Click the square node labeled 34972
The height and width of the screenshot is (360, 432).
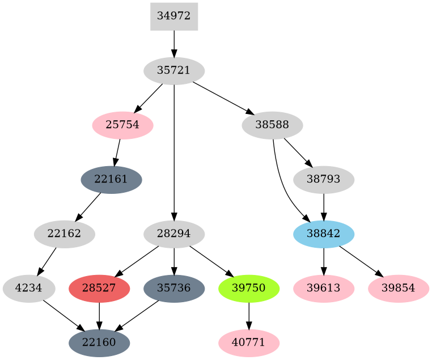[x=173, y=16]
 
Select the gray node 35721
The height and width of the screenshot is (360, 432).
[x=173, y=71]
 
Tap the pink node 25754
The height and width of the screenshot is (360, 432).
[x=122, y=125]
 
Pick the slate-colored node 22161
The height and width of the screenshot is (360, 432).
[x=111, y=180]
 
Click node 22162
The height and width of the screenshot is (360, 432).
[x=64, y=234]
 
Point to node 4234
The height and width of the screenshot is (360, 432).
[x=29, y=288]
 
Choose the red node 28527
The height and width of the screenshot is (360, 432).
[x=99, y=288]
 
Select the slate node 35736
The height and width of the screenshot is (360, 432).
[x=173, y=288]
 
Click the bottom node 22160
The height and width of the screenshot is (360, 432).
[x=99, y=342]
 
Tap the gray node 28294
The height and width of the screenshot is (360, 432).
[x=173, y=234]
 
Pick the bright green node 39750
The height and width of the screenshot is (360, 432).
[x=249, y=288]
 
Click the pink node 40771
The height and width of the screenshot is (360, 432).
[x=249, y=342]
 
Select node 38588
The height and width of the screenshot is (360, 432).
[x=272, y=125]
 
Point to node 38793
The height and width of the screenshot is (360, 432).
[x=324, y=180]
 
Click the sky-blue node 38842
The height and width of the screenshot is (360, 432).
[x=324, y=234]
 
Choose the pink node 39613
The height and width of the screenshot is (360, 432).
[x=324, y=288]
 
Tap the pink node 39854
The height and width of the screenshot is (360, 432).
[x=399, y=288]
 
